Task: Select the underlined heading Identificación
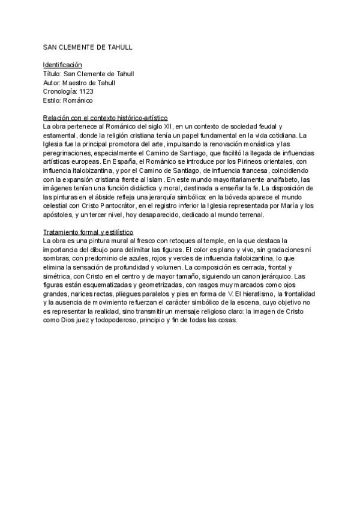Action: [x=62, y=64]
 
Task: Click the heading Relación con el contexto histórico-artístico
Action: [x=105, y=118]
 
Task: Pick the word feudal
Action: [x=271, y=127]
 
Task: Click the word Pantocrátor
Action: [x=111, y=206]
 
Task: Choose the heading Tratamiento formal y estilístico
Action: [x=89, y=232]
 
